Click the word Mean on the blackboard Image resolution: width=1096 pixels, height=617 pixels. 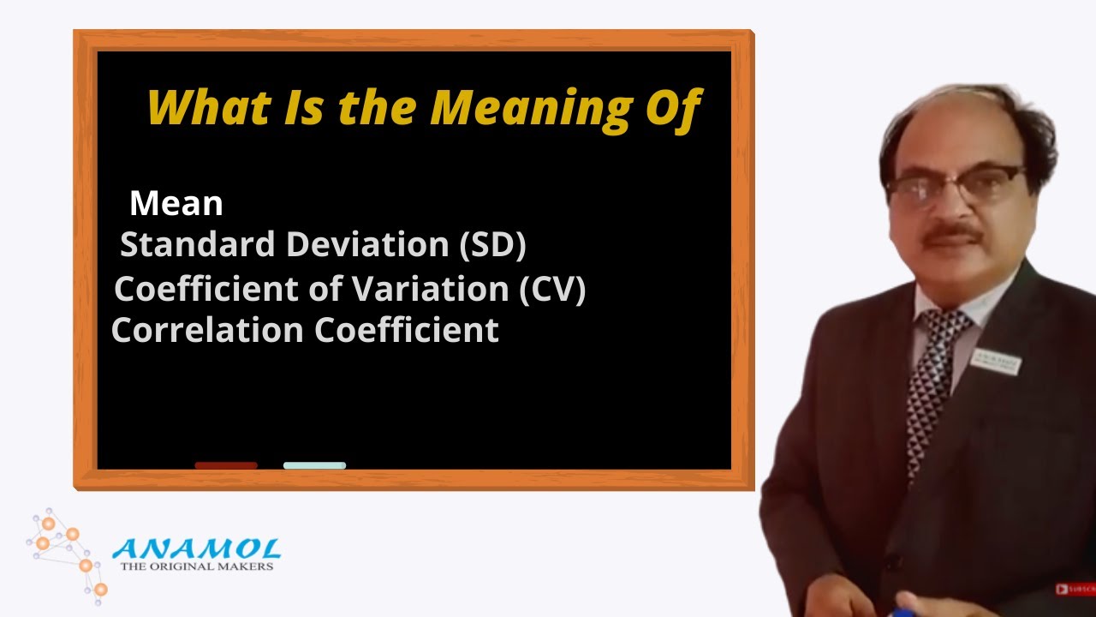[x=176, y=204]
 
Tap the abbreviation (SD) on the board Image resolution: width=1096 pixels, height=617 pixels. [x=492, y=246]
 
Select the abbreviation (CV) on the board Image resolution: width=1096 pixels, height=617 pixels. [x=552, y=290]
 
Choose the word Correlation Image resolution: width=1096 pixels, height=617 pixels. [x=208, y=331]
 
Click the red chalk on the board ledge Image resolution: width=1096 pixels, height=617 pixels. [x=226, y=465]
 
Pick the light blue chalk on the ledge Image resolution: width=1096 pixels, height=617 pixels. [x=314, y=465]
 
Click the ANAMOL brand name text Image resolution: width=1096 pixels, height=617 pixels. [x=197, y=549]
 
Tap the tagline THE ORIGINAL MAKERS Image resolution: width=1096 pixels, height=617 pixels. [x=197, y=566]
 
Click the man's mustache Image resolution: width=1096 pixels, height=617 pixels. [x=956, y=232]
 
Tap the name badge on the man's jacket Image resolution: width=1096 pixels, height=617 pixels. [x=997, y=362]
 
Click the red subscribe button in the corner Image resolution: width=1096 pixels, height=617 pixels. [x=1076, y=590]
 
